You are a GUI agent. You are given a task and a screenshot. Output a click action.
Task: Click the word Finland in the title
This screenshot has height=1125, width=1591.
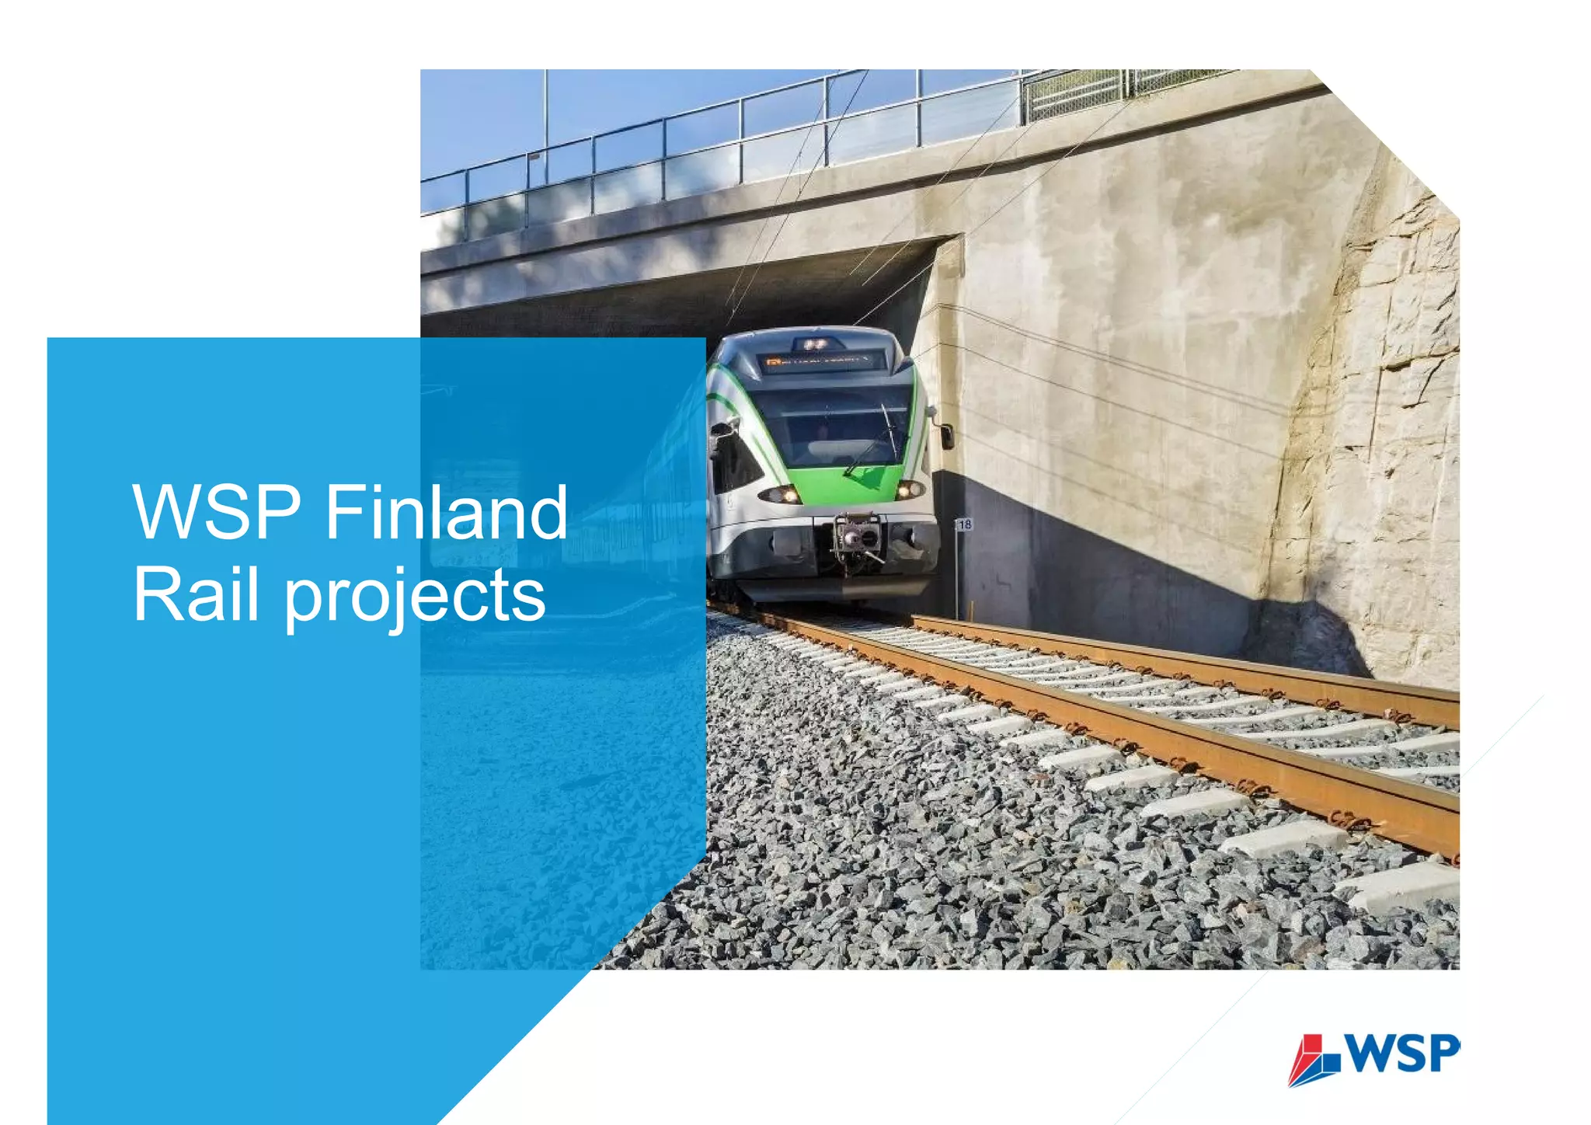447,513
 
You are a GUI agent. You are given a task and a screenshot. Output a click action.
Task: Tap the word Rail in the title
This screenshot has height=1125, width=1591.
196,594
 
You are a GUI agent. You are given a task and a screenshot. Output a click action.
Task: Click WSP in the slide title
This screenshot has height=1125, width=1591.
217,513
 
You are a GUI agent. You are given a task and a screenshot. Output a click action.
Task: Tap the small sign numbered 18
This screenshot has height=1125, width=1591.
964,525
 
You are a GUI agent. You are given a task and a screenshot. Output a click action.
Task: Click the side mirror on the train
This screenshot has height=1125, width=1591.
947,436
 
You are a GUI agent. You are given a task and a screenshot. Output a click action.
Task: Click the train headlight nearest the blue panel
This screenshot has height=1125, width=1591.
781,494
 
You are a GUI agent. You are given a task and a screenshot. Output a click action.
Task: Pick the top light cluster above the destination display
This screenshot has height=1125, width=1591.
814,343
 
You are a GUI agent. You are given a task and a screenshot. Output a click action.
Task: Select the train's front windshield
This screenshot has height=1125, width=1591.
831,427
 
